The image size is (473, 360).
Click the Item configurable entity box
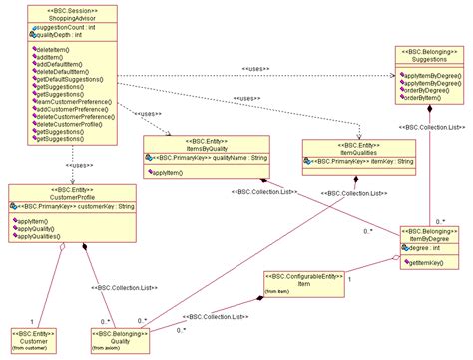click(303, 284)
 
